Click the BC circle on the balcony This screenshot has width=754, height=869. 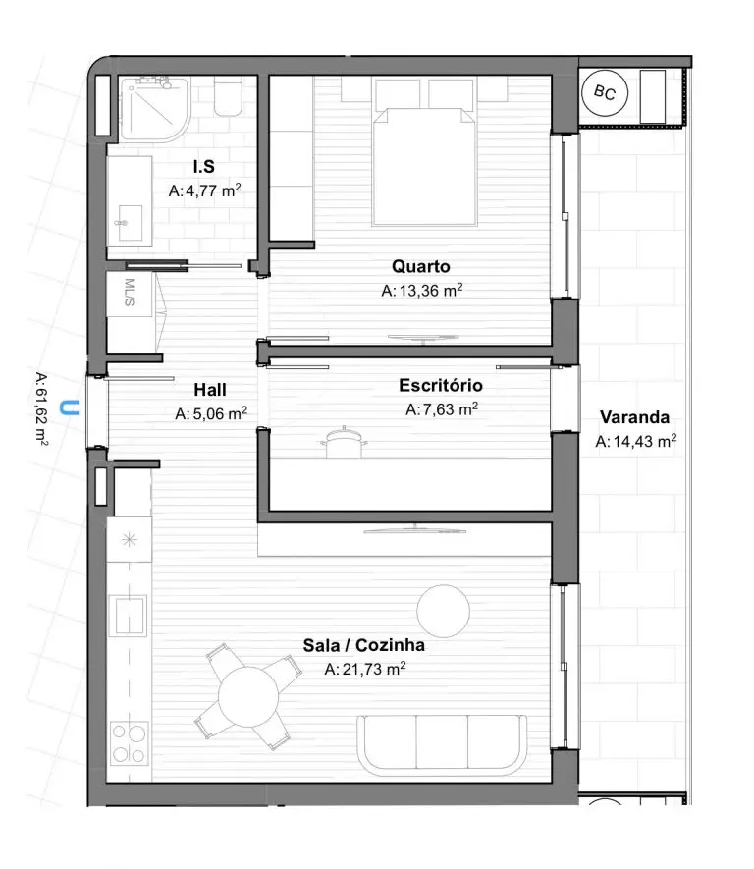605,92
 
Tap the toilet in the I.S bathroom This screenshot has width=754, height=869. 228,96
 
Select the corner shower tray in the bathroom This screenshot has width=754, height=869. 154,109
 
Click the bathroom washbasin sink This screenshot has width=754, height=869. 131,223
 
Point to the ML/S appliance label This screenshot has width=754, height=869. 130,293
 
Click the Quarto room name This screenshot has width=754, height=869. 420,266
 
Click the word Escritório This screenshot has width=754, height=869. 441,385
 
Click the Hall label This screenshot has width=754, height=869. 210,390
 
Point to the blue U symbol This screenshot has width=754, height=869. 70,407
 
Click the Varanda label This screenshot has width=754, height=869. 634,416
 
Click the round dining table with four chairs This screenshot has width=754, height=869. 248,696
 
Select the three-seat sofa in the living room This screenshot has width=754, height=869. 442,745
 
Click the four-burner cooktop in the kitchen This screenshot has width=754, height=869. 129,742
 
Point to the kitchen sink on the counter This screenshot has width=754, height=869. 128,615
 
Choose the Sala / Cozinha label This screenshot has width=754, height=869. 364,645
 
